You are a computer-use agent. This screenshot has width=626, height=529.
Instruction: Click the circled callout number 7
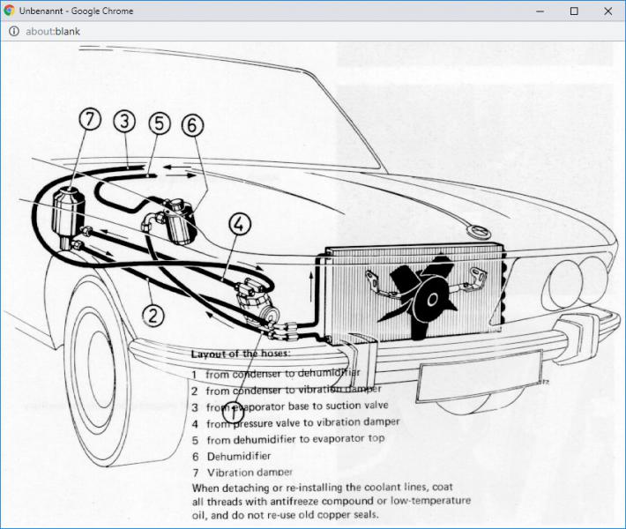tap(89, 121)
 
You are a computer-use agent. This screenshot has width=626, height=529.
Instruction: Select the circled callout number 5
tap(159, 123)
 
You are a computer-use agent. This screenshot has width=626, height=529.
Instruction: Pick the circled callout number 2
tap(153, 313)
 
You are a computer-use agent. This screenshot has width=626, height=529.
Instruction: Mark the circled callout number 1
tap(235, 412)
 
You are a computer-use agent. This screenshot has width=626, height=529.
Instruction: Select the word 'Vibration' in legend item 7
tap(227, 472)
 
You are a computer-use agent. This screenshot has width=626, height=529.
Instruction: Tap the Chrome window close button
tap(607, 11)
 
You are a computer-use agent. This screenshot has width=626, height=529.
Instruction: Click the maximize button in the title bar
tap(574, 11)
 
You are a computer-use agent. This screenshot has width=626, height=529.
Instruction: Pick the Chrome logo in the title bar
tap(10, 11)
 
